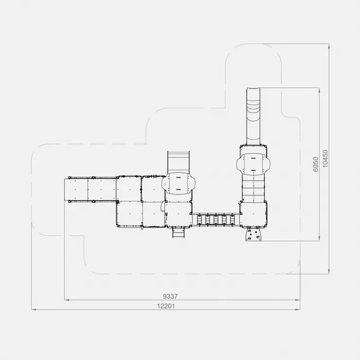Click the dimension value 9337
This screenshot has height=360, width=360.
170,296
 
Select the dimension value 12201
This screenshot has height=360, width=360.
166,306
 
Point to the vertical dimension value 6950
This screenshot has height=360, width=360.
316,164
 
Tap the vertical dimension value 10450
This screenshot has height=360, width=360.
325,159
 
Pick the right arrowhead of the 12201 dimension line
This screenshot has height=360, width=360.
298,309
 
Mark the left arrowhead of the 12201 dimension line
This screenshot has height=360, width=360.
34,309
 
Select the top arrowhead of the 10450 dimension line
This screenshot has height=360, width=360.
329,46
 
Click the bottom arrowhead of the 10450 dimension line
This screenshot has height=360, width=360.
329,271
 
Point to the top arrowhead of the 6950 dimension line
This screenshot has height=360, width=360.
319,90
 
